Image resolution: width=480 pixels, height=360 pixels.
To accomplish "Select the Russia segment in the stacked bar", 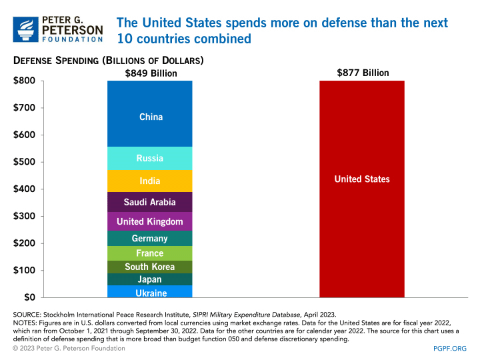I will tap(150, 159).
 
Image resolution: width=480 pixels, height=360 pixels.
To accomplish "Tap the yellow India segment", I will tap(150, 181).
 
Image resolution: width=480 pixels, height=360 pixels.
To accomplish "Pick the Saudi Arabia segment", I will tap(150, 202).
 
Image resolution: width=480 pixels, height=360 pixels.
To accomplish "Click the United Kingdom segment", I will tap(150, 221).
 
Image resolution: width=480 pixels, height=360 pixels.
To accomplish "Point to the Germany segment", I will tap(150, 239).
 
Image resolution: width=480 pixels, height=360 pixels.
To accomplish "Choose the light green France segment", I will tap(150, 253).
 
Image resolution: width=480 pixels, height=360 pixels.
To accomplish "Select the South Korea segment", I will tap(150, 267).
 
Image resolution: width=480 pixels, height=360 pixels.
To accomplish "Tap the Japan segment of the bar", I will tap(150, 279).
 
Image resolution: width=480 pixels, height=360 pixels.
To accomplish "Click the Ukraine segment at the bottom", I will tap(150, 292).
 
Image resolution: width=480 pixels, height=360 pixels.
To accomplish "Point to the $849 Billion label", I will tap(151, 73).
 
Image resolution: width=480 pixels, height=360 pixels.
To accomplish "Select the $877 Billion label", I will tap(363, 73).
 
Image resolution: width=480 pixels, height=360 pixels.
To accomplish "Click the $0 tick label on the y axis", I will tap(29, 297).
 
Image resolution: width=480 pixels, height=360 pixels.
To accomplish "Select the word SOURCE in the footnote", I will tap(27, 313).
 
